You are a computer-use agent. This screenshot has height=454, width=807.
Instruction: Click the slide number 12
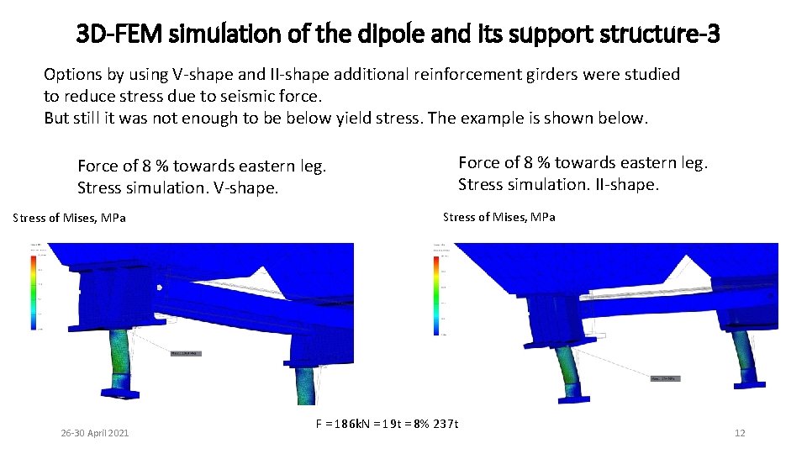click(740, 433)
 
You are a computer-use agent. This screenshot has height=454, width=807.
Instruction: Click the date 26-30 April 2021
click(95, 433)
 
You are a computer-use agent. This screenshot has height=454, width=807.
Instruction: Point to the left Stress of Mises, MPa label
click(70, 219)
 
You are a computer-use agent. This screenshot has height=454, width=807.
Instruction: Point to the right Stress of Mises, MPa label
click(498, 217)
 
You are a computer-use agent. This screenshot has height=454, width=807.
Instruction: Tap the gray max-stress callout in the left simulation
click(185, 353)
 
